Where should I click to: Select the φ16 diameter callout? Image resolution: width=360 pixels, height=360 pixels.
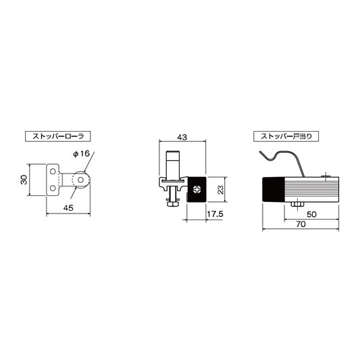82,154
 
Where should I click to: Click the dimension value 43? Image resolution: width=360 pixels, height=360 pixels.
182,137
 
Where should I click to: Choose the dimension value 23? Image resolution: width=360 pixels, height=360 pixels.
220,190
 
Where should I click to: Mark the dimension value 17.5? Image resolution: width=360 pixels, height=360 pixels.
215,213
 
